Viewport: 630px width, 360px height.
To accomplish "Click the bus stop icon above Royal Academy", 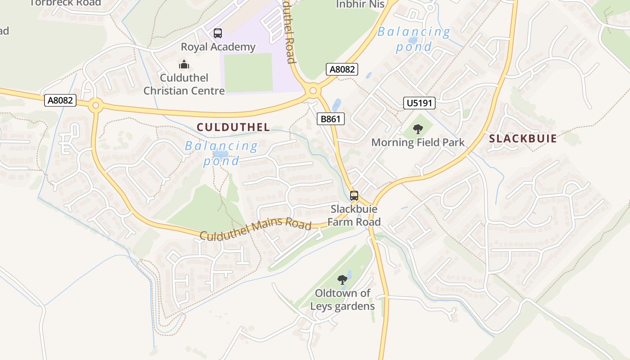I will [x=218, y=33].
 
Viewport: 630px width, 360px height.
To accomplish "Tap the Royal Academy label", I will [x=218, y=47].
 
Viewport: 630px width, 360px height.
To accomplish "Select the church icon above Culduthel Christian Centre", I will [x=184, y=64].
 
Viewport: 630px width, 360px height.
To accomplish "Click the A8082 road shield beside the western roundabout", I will [x=60, y=100].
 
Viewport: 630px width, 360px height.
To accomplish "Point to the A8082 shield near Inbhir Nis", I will [x=342, y=69].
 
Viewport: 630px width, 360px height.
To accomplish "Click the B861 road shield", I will [x=331, y=119].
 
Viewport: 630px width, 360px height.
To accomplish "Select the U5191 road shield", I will [x=419, y=103].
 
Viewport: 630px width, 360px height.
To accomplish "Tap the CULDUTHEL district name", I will [x=234, y=127].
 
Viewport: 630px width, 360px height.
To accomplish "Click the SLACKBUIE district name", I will [x=523, y=139].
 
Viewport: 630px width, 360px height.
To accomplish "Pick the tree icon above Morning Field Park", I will [x=418, y=129].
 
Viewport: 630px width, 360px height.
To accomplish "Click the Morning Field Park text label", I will [x=418, y=143].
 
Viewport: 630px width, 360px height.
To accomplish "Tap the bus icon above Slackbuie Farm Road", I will [x=354, y=196].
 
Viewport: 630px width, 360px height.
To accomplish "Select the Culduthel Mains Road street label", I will [x=256, y=229].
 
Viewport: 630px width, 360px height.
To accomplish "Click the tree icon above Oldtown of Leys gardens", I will [x=342, y=279].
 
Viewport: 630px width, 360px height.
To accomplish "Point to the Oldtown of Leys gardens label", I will [x=342, y=300].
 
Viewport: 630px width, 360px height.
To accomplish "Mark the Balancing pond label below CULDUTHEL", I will [x=221, y=153].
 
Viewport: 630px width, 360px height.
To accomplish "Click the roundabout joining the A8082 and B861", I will [x=313, y=91].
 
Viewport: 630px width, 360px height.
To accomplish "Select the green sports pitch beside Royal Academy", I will [x=248, y=72].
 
